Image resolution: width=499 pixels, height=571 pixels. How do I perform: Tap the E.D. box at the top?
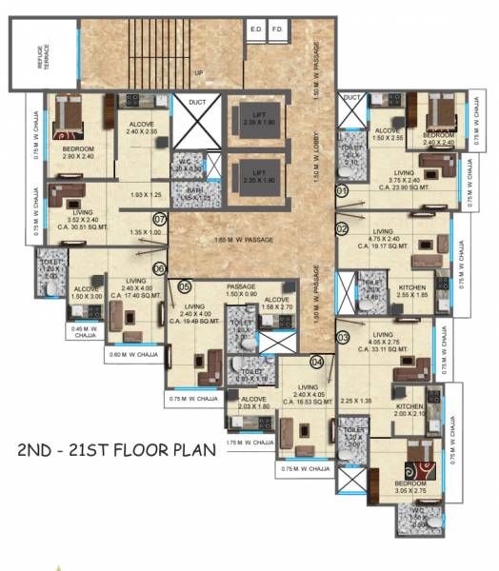[255, 30]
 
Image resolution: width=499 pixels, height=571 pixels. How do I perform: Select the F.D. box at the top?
[278, 30]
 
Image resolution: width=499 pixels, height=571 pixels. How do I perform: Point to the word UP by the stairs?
[198, 72]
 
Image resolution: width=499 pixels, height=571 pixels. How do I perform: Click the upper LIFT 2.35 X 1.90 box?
[257, 119]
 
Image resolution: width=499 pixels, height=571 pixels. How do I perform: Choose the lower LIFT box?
[257, 174]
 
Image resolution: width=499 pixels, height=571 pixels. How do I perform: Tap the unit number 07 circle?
[160, 219]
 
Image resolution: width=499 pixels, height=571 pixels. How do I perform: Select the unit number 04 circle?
[316, 361]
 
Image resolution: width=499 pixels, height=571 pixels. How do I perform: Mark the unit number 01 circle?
[341, 190]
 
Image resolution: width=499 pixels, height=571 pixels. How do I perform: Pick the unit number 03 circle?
[342, 337]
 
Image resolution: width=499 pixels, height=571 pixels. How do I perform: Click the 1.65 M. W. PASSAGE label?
[244, 239]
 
